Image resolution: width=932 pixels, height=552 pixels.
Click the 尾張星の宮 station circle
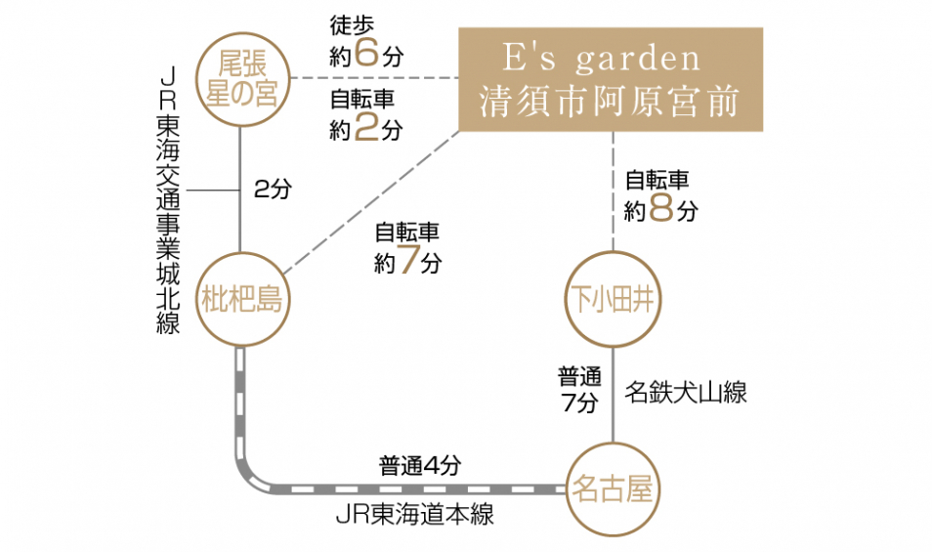click(x=240, y=78)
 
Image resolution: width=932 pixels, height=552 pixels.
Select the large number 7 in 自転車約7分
click(x=409, y=261)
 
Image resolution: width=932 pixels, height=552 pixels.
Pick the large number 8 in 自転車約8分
click(x=660, y=208)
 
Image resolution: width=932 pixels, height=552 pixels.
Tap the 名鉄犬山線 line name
click(x=686, y=393)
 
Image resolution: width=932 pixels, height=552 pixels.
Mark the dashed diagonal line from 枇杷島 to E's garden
click(x=371, y=200)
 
